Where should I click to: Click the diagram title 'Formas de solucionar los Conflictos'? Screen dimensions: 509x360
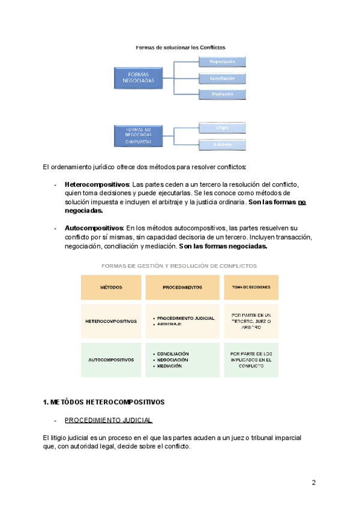point(181,46)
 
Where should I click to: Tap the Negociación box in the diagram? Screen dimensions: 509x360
point(222,61)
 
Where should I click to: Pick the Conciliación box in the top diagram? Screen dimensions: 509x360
point(222,78)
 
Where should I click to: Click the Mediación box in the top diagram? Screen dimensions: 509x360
point(222,94)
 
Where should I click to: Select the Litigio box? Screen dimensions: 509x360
point(222,127)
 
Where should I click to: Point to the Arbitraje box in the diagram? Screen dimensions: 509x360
point(222,145)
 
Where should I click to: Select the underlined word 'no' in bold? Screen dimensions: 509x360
point(302,202)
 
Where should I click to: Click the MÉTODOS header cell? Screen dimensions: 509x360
point(111,288)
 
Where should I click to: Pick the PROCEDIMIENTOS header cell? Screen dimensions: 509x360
point(182,288)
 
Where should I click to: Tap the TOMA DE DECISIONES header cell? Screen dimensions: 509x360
point(251,288)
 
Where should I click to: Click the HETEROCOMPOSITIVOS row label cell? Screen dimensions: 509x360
point(111,321)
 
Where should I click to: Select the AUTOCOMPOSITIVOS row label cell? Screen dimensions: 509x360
point(111,360)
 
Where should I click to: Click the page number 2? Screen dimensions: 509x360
point(313,483)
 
